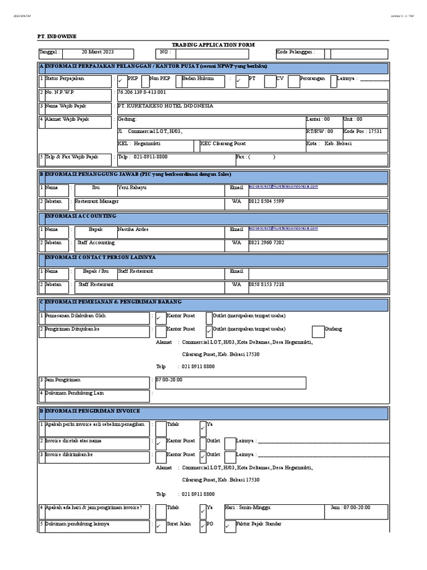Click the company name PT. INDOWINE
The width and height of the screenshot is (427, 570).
coord(57,36)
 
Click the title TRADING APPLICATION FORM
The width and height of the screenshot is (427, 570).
coord(213,45)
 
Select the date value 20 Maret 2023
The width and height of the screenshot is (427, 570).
coord(97,52)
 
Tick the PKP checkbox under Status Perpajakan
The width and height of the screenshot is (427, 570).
coord(122,81)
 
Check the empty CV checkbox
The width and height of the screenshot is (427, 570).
coord(270,81)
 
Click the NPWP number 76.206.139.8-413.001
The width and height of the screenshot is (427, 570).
coord(142,92)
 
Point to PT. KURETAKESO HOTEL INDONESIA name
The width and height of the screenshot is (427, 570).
coord(165,106)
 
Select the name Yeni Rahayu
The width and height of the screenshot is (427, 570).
coord(132,188)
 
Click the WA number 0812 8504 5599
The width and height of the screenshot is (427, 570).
coord(266,202)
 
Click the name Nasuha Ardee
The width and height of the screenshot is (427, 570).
coord(133,229)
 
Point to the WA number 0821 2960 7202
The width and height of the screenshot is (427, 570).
coord(266,243)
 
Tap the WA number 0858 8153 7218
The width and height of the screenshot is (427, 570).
coord(266,284)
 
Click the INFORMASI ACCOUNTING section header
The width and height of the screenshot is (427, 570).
coord(81,216)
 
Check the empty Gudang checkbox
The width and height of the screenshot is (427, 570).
coord(318,332)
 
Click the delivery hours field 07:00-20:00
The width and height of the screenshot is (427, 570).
coord(169,380)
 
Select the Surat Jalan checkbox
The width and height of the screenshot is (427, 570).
coord(160,526)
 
